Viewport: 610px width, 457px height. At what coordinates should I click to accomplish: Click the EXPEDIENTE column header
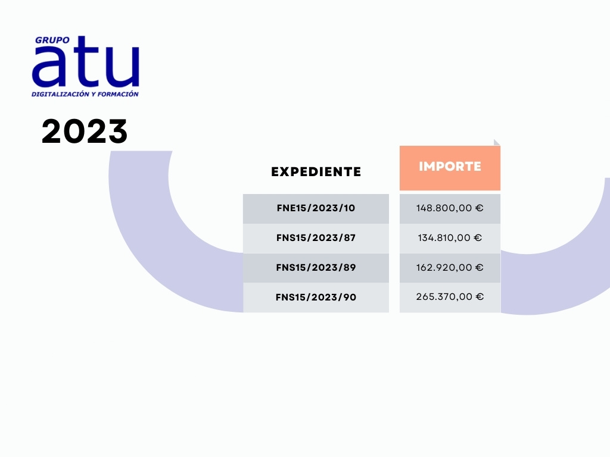(x=316, y=172)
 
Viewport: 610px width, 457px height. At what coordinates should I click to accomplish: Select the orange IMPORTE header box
(x=450, y=168)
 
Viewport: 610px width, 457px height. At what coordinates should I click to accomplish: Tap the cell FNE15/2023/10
(x=316, y=209)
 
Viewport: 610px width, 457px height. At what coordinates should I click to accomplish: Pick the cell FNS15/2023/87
(x=316, y=238)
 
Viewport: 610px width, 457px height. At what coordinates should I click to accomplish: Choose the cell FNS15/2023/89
(x=316, y=268)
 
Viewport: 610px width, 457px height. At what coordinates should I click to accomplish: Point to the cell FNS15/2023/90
(x=316, y=298)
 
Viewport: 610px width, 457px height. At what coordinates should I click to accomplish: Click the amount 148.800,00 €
(x=450, y=208)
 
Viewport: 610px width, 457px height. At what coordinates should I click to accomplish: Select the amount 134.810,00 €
(x=450, y=238)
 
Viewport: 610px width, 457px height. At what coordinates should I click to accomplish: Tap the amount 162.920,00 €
(x=450, y=267)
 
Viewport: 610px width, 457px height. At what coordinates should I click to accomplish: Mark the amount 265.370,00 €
(x=450, y=297)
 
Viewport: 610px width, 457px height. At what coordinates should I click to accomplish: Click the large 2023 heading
(x=85, y=132)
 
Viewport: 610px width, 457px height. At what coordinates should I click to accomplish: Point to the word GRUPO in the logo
(x=52, y=40)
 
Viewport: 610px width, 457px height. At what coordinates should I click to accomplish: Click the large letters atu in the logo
(x=86, y=61)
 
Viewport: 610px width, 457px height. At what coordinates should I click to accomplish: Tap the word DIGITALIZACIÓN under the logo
(x=60, y=94)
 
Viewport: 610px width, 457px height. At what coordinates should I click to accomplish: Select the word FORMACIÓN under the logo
(x=118, y=94)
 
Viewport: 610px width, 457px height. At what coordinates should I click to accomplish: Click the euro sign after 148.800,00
(x=480, y=208)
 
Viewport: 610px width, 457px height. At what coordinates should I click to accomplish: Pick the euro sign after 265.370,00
(x=480, y=297)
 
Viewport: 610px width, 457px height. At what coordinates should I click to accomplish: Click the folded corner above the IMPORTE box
(x=496, y=143)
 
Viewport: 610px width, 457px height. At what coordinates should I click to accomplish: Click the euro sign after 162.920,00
(x=480, y=267)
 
